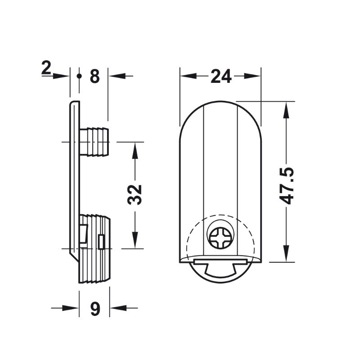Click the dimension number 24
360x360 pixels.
tap(221, 76)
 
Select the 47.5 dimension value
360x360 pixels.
tap(287, 186)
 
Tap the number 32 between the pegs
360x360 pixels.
tap(135, 194)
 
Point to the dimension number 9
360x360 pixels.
tap(95, 309)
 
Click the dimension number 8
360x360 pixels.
tap(95, 76)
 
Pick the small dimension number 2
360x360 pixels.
tap(46, 68)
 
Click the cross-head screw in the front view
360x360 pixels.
tap(220, 238)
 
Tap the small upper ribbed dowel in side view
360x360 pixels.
tap(94, 142)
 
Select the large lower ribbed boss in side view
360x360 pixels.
tap(94, 249)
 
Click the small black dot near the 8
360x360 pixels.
tap(79, 76)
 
